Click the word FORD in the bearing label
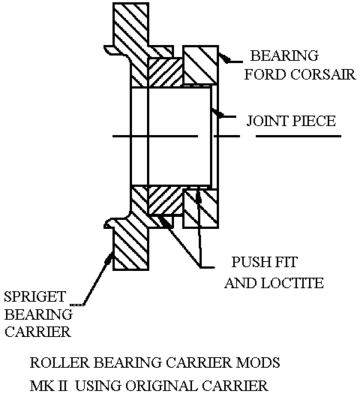pyautogui.click(x=265, y=74)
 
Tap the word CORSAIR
pyautogui.click(x=323, y=74)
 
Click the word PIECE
pyautogui.click(x=314, y=121)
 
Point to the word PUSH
pyautogui.click(x=250, y=262)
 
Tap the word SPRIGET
pyautogui.click(x=35, y=297)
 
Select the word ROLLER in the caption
pyautogui.click(x=59, y=362)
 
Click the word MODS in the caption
pyautogui.click(x=258, y=362)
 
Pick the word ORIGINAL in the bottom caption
pyautogui.click(x=161, y=386)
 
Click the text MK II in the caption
pyautogui.click(x=49, y=386)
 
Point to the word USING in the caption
pyautogui.click(x=98, y=386)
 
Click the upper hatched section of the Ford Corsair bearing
pyautogui.click(x=200, y=65)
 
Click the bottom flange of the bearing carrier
pyautogui.click(x=130, y=244)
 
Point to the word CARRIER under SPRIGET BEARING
pyautogui.click(x=37, y=332)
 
